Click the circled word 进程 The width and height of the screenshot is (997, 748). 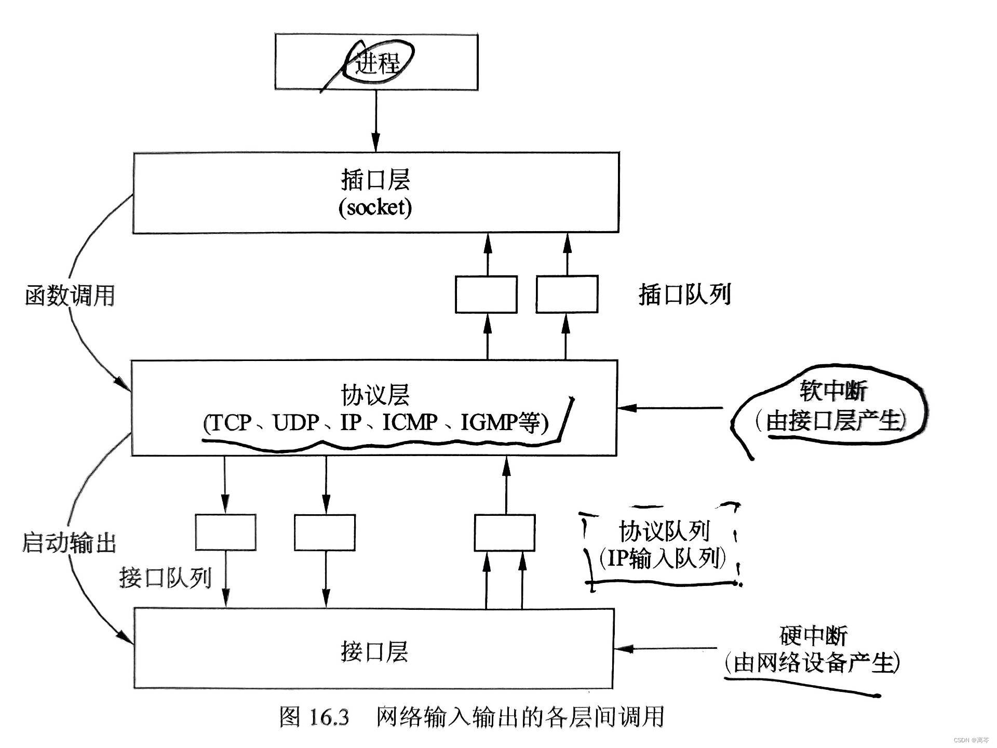tap(378, 63)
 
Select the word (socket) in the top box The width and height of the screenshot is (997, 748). tap(375, 207)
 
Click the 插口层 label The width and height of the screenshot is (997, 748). tap(375, 180)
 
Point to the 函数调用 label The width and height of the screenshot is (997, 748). tap(70, 296)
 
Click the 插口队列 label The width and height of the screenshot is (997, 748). tap(684, 295)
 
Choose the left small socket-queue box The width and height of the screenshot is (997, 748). tap(486, 295)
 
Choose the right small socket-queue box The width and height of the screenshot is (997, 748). tap(567, 295)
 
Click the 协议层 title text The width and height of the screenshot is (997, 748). tap(375, 394)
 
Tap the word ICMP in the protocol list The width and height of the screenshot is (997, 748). tap(410, 422)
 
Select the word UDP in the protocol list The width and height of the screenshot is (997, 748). tap(296, 422)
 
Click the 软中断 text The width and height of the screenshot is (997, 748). tap(833, 391)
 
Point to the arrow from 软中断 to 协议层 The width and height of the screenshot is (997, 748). tap(670, 408)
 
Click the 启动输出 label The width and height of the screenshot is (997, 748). tap(69, 543)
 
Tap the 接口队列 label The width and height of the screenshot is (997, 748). tap(165, 577)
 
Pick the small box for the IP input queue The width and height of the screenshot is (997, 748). tap(504, 532)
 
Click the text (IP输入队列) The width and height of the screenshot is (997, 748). tap(662, 558)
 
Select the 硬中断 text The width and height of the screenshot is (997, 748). tap(813, 635)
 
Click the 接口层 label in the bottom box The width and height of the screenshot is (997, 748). tap(374, 651)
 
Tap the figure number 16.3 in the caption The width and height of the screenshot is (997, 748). tap(329, 717)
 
